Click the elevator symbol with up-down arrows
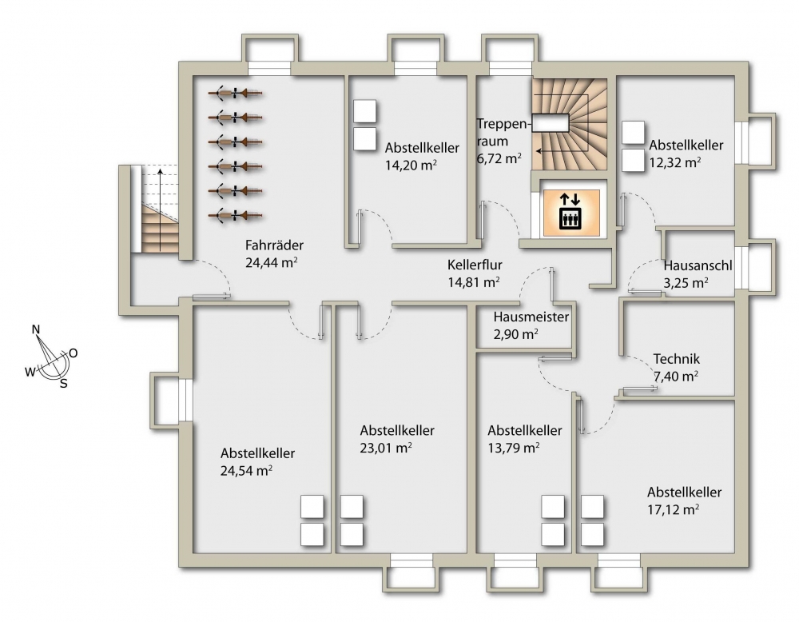coord(570,211)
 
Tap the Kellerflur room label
coord(475,265)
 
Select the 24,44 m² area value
coord(272,262)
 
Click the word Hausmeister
coord(531,317)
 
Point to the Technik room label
coord(677,359)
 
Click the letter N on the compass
coord(36,329)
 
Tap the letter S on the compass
coord(64,384)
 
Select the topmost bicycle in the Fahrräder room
coord(236,94)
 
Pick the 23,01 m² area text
coord(386,449)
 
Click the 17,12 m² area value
coord(673,509)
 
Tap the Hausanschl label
coord(698,265)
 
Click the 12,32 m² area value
coord(674,162)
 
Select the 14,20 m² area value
coord(411,165)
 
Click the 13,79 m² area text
coord(514,449)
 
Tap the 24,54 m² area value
coord(246,471)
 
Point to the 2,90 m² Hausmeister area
coord(516,334)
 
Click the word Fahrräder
coord(274,245)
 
